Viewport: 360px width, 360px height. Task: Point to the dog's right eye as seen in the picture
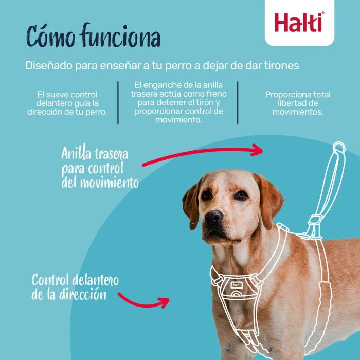click(240, 194)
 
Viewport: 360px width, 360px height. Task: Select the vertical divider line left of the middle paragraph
click(118, 102)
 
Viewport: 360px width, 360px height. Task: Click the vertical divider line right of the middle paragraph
click(238, 102)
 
